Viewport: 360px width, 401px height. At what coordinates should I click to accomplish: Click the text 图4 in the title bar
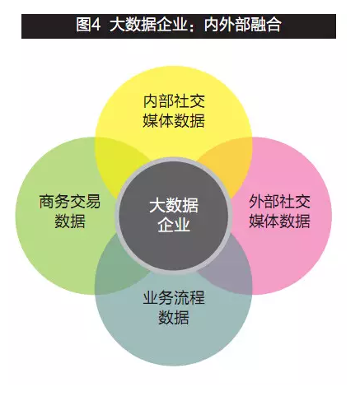[88, 25]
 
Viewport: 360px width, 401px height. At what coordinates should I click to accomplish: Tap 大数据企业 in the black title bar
[148, 25]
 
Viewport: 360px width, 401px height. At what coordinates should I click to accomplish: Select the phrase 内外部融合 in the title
[242, 25]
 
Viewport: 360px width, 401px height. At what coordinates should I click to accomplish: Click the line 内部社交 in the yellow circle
[174, 101]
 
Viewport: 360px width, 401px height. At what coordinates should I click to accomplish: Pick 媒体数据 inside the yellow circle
[174, 120]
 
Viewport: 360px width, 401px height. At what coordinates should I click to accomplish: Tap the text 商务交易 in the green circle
[70, 202]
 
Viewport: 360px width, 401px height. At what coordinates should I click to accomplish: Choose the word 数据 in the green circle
[70, 221]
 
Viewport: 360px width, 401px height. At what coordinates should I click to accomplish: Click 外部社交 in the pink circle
[279, 202]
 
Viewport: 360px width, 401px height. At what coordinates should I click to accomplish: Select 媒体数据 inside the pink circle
[279, 221]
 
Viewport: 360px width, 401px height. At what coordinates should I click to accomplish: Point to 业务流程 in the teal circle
[174, 297]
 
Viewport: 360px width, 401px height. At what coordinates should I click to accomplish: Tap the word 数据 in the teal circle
[174, 317]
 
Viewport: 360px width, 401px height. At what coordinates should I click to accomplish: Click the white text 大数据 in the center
[174, 205]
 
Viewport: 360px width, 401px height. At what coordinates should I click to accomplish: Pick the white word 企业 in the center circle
[174, 225]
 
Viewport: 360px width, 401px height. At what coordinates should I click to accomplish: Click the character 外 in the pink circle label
[256, 202]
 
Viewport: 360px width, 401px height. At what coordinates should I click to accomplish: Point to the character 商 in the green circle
[47, 202]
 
